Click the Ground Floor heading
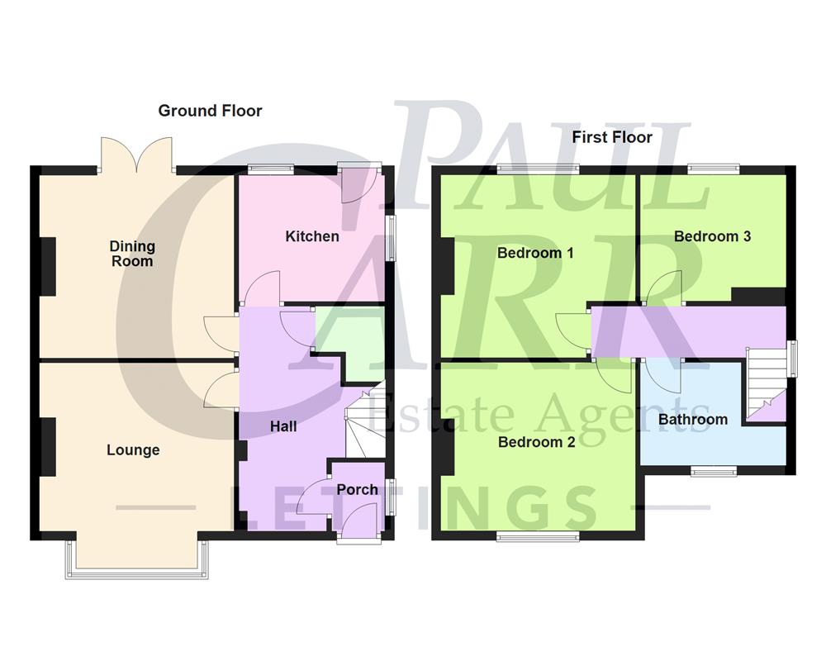click(210, 111)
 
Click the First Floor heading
click(612, 137)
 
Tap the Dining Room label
click(132, 254)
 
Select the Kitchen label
click(312, 237)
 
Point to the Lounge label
click(133, 450)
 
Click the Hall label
click(283, 427)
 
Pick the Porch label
click(358, 490)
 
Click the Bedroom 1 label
click(535, 253)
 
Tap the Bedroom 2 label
click(537, 442)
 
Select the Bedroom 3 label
click(712, 236)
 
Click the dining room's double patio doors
click(136, 155)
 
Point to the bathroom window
click(714, 472)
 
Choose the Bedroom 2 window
click(538, 537)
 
